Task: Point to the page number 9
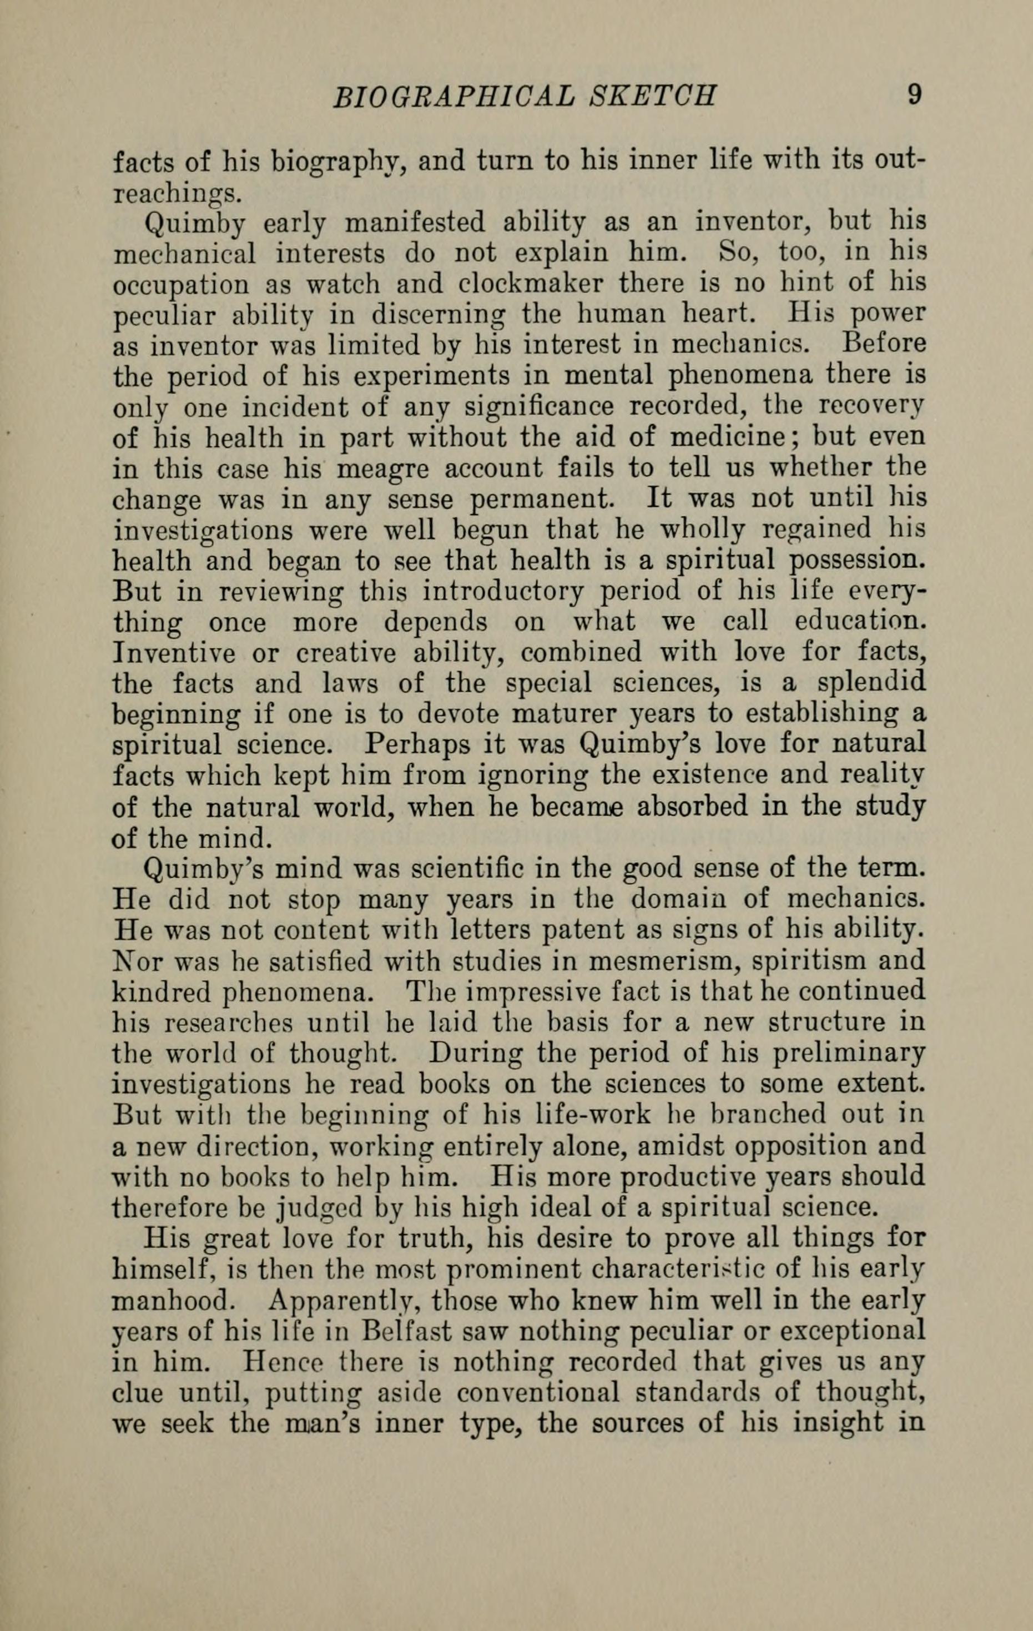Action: point(914,94)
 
